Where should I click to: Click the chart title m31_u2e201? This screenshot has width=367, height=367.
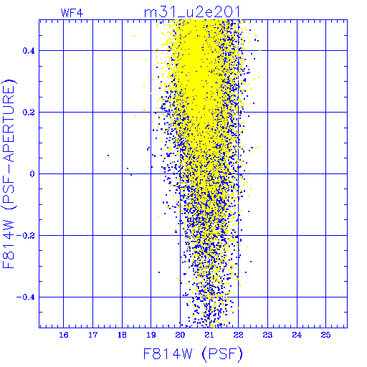pos(192,12)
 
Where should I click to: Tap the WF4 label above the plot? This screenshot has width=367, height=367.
pos(72,13)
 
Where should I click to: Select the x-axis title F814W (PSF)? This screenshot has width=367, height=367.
pos(193,354)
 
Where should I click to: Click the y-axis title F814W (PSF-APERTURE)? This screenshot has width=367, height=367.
pos(9,174)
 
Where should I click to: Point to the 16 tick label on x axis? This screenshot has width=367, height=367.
pos(64,335)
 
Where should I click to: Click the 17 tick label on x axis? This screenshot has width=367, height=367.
pos(92,335)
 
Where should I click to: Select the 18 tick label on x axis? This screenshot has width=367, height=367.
pos(122,335)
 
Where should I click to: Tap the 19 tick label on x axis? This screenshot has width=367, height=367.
pos(151,335)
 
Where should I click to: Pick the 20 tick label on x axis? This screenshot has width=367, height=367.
pos(180,335)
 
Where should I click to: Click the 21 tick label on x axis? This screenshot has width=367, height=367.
pos(209,335)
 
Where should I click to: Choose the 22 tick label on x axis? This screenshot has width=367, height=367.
pos(239,335)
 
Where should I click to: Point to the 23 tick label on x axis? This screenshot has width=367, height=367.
pos(267,335)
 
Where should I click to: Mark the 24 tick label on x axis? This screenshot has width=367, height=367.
pos(297,335)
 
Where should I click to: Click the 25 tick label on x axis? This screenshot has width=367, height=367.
pos(326,335)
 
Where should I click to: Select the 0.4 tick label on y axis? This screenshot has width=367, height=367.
pos(29,51)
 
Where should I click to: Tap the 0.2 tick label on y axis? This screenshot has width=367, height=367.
pos(29,113)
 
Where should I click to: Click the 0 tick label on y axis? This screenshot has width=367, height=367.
pos(32,174)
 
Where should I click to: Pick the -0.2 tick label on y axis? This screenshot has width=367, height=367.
pos(26,236)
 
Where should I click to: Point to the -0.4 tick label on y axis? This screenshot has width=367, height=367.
pos(26,297)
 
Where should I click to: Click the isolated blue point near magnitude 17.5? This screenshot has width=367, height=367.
pos(108,156)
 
